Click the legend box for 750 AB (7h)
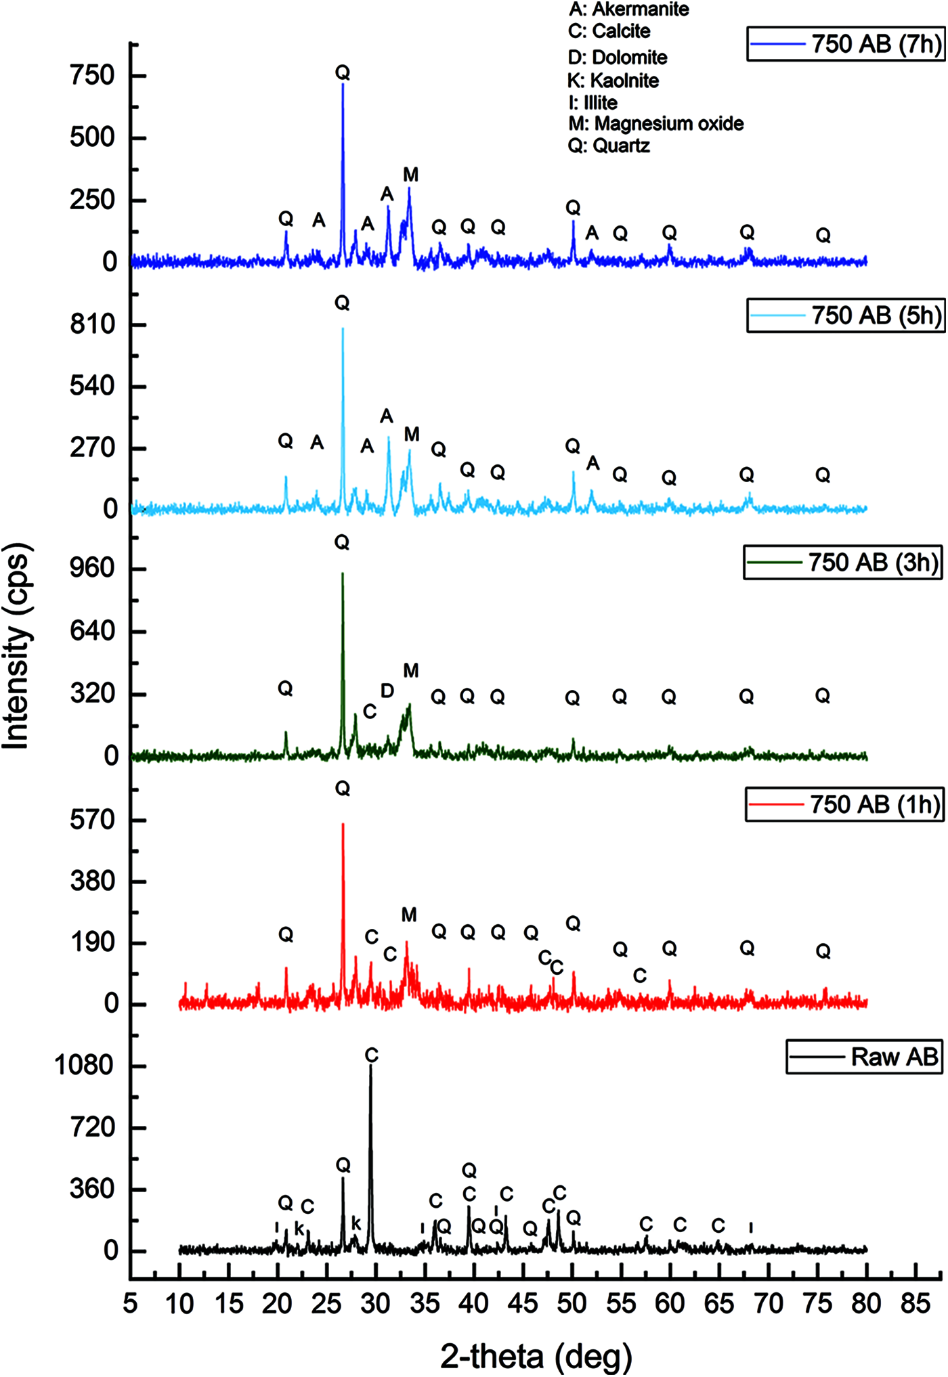tap(846, 44)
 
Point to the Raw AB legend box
tap(864, 1057)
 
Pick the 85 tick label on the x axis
tap(915, 1303)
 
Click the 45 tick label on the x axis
tap(523, 1303)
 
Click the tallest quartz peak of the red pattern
tap(343, 825)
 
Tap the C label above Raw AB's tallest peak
tap(371, 1055)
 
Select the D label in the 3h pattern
tap(387, 691)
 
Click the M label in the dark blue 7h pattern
tap(410, 175)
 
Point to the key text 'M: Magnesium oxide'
tap(655, 124)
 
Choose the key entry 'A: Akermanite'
tap(628, 9)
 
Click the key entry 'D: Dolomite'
tap(618, 58)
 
